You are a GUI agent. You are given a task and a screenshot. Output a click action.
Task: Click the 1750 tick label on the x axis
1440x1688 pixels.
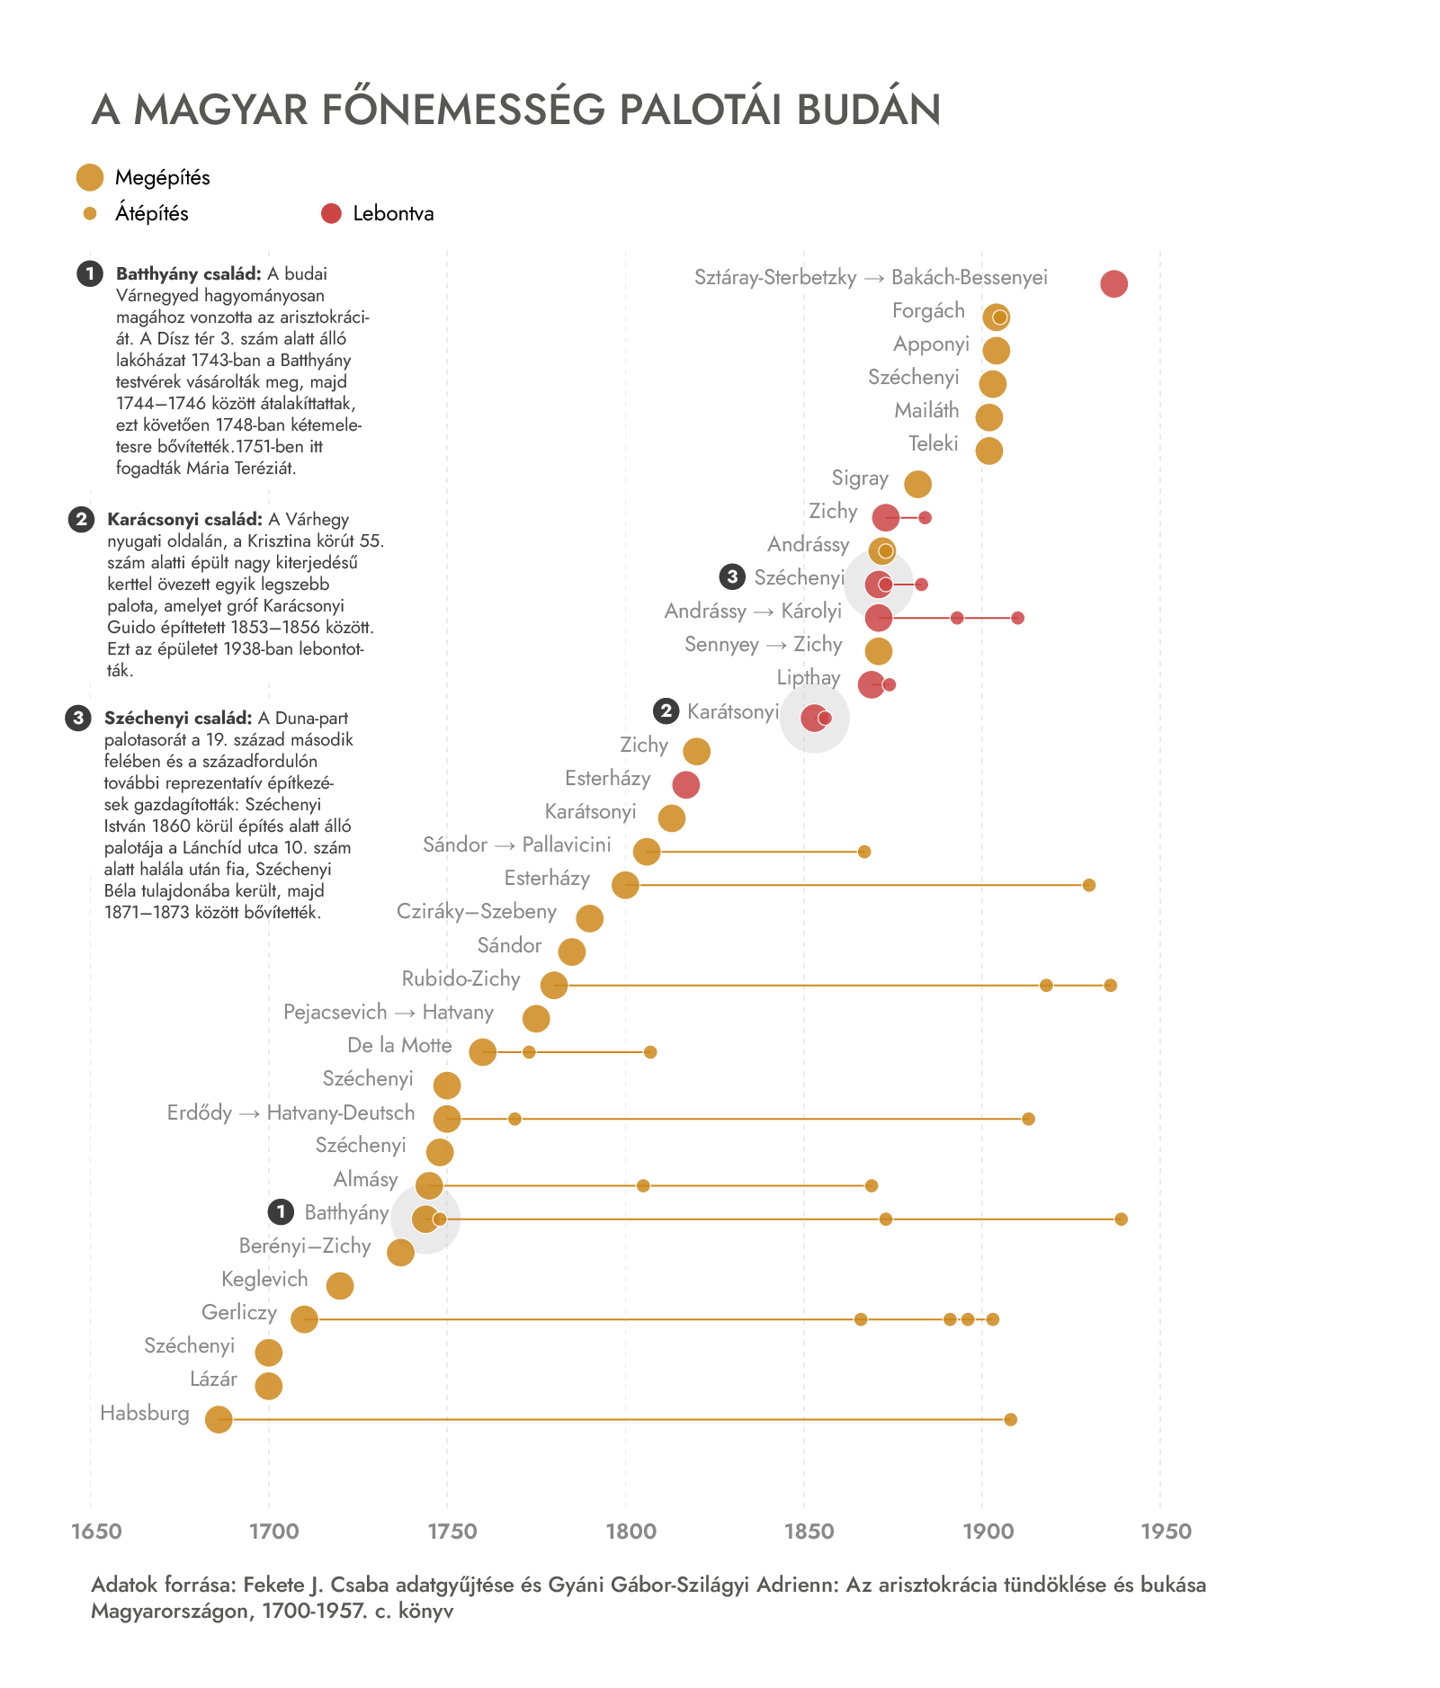click(x=452, y=1532)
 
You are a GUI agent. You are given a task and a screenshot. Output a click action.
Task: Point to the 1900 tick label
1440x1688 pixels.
click(x=988, y=1532)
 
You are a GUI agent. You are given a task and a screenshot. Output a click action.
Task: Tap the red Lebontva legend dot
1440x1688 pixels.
click(x=331, y=213)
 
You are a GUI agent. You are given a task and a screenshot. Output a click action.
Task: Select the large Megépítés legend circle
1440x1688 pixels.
click(x=90, y=177)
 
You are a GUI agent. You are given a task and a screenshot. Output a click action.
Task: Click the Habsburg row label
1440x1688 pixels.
click(x=145, y=1413)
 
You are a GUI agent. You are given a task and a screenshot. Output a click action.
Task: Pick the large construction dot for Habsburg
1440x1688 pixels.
click(x=219, y=1420)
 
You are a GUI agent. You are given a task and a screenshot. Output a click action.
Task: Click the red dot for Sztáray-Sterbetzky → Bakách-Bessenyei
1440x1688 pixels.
click(x=1114, y=283)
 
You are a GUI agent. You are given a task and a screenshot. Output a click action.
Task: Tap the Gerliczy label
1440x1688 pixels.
click(x=239, y=1313)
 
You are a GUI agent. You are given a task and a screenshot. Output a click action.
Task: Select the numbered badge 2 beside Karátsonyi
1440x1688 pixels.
click(x=666, y=710)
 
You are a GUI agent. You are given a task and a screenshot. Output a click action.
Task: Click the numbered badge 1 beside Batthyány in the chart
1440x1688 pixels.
click(x=281, y=1211)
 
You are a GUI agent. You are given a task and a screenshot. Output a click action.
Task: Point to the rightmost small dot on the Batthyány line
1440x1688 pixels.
click(x=1121, y=1219)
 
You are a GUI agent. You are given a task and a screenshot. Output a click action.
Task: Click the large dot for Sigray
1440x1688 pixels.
click(x=917, y=484)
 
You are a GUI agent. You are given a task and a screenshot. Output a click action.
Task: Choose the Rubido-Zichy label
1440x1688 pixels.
click(x=461, y=978)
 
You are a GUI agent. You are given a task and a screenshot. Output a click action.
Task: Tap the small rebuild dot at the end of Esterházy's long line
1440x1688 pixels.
click(x=1089, y=886)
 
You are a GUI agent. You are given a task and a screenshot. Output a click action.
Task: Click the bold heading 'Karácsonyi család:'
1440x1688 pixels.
click(x=184, y=519)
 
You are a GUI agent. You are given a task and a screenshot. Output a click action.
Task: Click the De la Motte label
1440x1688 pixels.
click(x=399, y=1045)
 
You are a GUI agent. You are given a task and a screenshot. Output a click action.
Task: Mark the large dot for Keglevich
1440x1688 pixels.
click(x=340, y=1286)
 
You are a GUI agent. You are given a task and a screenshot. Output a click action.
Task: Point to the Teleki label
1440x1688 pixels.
click(x=934, y=443)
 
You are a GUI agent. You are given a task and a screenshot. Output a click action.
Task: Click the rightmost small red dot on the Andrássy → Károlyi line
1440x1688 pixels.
click(x=1017, y=618)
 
